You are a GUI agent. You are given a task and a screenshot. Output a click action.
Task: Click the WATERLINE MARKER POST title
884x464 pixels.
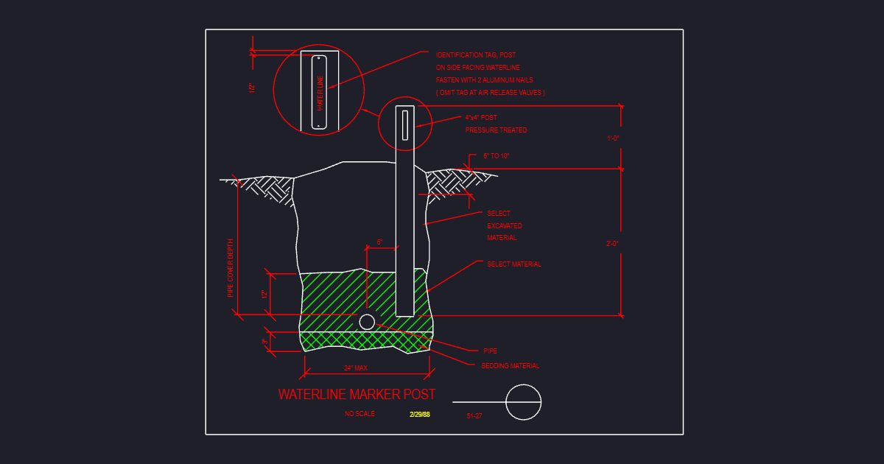[x=357, y=394]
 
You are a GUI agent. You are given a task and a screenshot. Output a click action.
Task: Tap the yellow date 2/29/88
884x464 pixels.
[x=419, y=414]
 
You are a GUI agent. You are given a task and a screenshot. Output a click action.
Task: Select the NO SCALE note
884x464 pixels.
[x=359, y=413]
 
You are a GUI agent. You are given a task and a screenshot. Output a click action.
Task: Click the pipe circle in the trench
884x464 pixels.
[x=367, y=322]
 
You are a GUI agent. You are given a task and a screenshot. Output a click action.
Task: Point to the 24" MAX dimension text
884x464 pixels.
[x=356, y=368]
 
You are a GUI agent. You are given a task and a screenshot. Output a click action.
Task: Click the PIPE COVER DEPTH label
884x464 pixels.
[x=231, y=268]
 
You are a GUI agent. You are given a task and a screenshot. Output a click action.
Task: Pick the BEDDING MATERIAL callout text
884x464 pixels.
[x=511, y=366]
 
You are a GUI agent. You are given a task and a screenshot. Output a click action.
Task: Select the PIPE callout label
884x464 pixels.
[x=490, y=351]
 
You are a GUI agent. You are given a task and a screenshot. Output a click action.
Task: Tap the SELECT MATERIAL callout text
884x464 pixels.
[x=514, y=264]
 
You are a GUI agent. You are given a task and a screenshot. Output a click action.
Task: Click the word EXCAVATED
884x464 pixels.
[x=505, y=225]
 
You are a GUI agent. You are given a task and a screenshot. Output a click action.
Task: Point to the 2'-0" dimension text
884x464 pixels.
[x=612, y=244]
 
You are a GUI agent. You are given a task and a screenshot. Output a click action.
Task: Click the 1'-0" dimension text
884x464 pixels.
[x=613, y=138]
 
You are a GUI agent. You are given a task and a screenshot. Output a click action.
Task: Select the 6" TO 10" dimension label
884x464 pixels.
[x=496, y=156]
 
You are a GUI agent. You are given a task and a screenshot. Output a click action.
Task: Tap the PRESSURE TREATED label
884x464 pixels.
[x=496, y=130]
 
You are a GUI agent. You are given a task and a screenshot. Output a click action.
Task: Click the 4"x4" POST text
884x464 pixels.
[x=481, y=118]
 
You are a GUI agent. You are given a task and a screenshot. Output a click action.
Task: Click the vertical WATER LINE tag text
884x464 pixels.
[x=320, y=93]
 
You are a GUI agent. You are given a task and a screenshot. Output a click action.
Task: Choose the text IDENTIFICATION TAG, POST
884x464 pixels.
[x=476, y=55]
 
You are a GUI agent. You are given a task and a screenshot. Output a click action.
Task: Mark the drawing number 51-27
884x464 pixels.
[x=474, y=416]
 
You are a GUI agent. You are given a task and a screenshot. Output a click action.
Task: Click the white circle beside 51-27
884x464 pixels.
[x=523, y=385]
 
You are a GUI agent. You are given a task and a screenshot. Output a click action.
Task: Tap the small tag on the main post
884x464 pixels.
[x=405, y=125]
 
